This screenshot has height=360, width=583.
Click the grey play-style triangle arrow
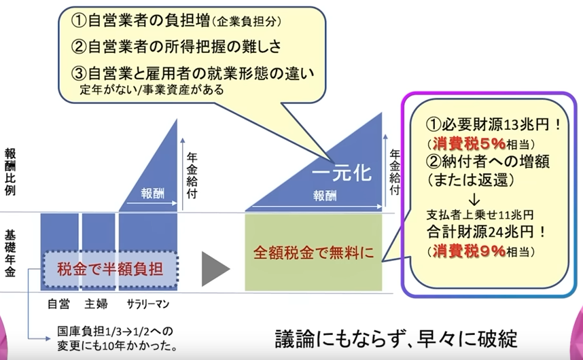click(214, 269)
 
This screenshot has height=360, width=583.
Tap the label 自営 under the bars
click(58, 304)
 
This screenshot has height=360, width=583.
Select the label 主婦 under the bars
click(96, 304)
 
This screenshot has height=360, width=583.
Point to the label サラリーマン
click(148, 304)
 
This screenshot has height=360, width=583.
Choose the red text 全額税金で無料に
click(313, 253)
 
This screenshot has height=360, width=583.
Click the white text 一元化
click(342, 173)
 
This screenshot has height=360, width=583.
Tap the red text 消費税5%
click(470, 143)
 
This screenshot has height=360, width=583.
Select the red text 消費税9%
click(470, 251)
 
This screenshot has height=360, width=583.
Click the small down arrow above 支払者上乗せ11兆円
click(474, 200)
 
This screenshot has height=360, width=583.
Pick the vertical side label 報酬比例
click(10, 172)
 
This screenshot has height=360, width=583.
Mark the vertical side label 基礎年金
click(10, 253)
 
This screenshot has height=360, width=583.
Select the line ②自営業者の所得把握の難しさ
click(176, 46)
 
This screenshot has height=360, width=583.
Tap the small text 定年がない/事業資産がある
click(152, 90)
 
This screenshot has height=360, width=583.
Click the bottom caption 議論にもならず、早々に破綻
click(396, 338)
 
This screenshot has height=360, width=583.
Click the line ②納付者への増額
click(488, 162)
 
